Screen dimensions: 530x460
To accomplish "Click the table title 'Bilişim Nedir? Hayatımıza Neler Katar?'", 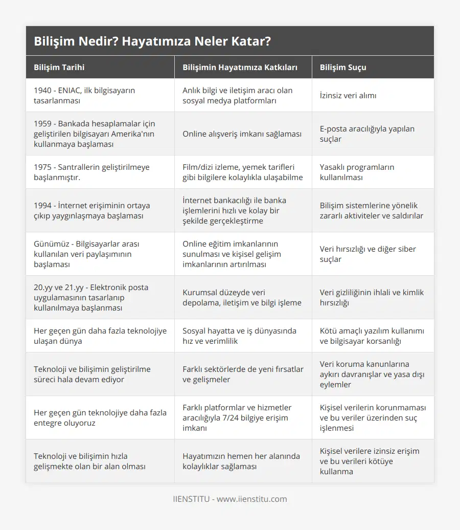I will point(152,41).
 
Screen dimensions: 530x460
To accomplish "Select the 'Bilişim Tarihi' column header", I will point(59,67).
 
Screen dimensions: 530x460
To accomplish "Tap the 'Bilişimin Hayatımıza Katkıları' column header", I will point(240,67).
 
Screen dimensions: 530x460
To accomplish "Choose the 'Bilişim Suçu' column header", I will point(343,67).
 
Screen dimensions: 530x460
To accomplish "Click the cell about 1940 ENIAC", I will point(84,95).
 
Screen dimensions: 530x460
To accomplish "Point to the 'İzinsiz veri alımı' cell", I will point(348,95).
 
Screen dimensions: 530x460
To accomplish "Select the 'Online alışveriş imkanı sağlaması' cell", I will point(242,134).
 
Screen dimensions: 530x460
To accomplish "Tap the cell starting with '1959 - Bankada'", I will point(94,134).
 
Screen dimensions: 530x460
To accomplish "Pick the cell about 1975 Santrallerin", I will point(91,172).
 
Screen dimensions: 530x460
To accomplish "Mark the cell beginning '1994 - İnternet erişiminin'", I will point(91,210).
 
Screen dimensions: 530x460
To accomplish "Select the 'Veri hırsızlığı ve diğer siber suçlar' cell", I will point(367,254).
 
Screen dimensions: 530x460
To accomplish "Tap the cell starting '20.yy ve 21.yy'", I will point(91,297).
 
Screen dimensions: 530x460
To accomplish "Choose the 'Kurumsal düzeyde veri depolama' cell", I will point(242,297).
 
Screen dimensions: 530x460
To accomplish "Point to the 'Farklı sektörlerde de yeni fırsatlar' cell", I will point(243,374).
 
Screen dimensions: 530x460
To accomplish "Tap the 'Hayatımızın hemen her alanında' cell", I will point(241,461).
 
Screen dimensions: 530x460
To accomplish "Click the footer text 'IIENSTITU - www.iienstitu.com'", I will point(230,499).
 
